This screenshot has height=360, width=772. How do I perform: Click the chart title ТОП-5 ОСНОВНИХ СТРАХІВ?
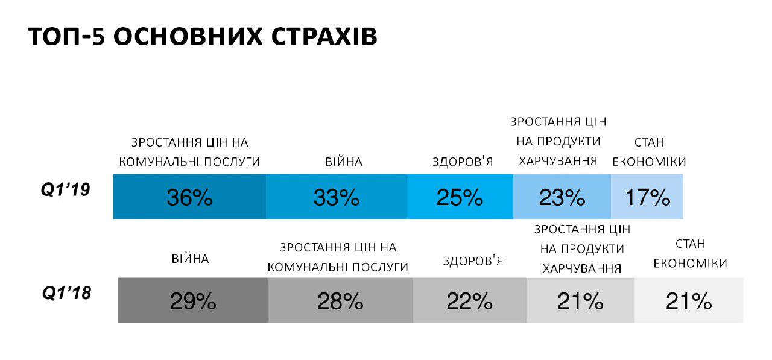pyautogui.click(x=203, y=37)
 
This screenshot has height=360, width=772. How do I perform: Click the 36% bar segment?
pyautogui.click(x=189, y=197)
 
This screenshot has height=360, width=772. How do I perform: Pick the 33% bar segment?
pyautogui.click(x=336, y=197)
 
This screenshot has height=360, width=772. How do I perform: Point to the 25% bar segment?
pyautogui.click(x=460, y=197)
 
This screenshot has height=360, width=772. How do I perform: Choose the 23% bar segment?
pyautogui.click(x=562, y=197)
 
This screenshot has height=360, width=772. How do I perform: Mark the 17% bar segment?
pyautogui.click(x=647, y=197)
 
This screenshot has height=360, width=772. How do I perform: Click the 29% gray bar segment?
pyautogui.click(x=192, y=301)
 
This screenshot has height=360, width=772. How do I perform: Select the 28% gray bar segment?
pyautogui.click(x=340, y=301)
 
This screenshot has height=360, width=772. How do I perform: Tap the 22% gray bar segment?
pyautogui.click(x=469, y=301)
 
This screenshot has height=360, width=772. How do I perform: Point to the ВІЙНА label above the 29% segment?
pyautogui.click(x=190, y=259)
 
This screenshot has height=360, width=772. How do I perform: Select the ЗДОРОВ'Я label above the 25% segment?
pyautogui.click(x=463, y=162)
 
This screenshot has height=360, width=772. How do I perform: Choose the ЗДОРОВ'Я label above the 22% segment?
pyautogui.click(x=473, y=261)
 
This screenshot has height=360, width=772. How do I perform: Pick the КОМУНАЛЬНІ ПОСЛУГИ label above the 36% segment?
pyautogui.click(x=189, y=162)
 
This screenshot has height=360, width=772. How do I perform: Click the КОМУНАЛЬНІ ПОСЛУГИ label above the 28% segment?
pyautogui.click(x=338, y=267)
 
